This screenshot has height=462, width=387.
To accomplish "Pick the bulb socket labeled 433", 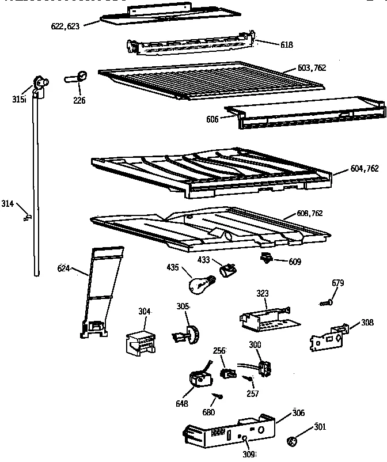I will click(x=228, y=268).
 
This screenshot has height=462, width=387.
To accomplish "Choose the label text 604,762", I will click(x=364, y=168).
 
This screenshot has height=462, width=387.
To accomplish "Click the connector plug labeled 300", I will click(x=264, y=368).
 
